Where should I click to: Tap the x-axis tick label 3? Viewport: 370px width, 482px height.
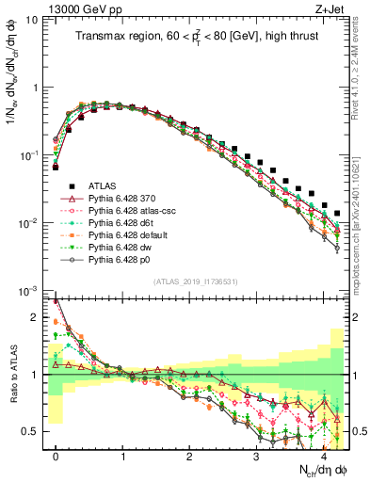point(256,457)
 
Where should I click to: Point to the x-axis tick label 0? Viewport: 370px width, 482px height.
point(56,457)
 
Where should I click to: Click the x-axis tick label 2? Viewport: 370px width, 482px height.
point(189,457)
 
